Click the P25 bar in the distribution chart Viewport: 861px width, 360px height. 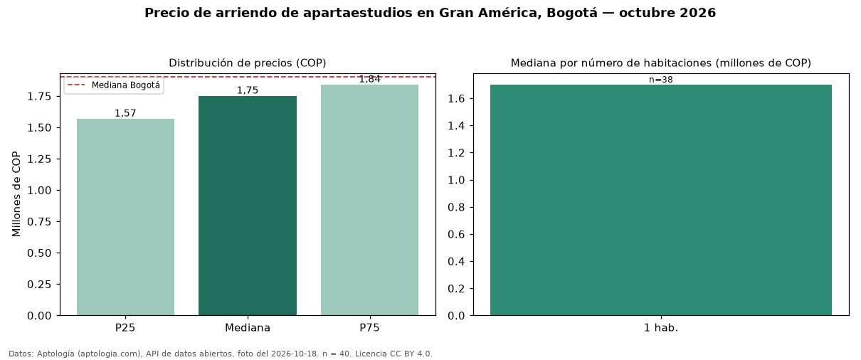pyautogui.click(x=125, y=217)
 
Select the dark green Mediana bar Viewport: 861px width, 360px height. pyautogui.click(x=248, y=206)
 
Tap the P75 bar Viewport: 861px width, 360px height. pyautogui.click(x=369, y=200)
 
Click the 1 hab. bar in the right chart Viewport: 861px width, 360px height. pyautogui.click(x=661, y=200)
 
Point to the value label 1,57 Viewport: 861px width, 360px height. pyautogui.click(x=125, y=113)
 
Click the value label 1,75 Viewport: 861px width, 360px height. pyautogui.click(x=248, y=90)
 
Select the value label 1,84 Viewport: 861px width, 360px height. pyautogui.click(x=370, y=79)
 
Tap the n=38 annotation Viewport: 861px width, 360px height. pyautogui.click(x=661, y=80)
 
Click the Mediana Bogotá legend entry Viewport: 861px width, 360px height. pyautogui.click(x=114, y=85)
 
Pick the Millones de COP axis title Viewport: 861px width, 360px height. pyautogui.click(x=16, y=194)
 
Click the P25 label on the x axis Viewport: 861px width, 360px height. pyautogui.click(x=125, y=328)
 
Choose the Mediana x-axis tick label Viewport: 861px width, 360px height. pyautogui.click(x=248, y=328)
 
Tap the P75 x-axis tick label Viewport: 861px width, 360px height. pyautogui.click(x=369, y=328)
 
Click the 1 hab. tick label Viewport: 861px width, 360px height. pyautogui.click(x=661, y=328)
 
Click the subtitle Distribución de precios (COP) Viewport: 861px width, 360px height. pyautogui.click(x=248, y=63)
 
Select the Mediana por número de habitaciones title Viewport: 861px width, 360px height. pyautogui.click(x=661, y=63)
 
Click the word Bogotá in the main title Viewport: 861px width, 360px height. pyautogui.click(x=572, y=13)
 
